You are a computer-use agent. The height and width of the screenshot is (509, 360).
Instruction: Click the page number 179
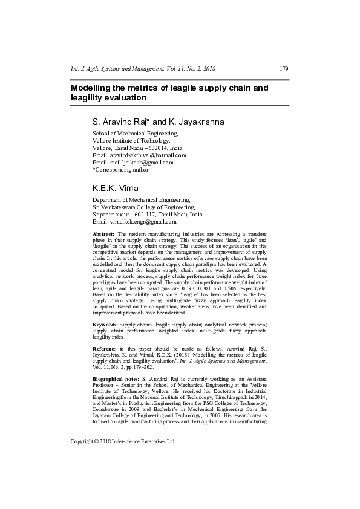point(283,69)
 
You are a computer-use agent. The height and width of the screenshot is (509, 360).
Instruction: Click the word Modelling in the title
point(94,88)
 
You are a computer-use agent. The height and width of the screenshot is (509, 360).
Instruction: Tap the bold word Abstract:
point(103,233)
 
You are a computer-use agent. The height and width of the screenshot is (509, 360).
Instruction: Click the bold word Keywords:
point(105,325)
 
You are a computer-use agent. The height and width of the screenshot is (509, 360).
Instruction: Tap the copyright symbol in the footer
point(100,441)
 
